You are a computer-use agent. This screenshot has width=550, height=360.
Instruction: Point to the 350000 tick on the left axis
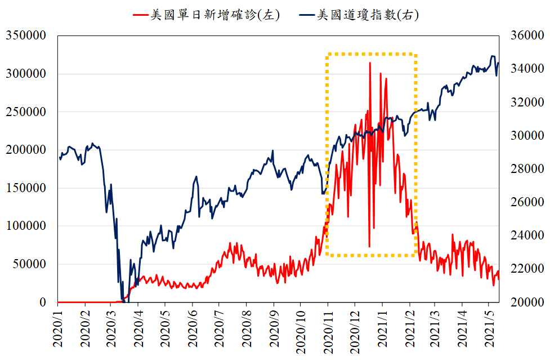pos(25,35)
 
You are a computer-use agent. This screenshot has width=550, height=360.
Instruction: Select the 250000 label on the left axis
pos(25,112)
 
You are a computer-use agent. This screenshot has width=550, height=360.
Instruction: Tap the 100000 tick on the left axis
pos(25,226)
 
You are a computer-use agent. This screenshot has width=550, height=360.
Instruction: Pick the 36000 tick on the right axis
pos(526,35)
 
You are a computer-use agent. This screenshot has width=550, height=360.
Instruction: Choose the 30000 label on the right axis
pos(526,136)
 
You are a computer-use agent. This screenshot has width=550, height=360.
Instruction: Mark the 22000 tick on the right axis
pos(526,269)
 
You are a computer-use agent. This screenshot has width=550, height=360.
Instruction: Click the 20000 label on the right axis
pos(526,303)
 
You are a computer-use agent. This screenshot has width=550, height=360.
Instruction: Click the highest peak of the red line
pos(370,63)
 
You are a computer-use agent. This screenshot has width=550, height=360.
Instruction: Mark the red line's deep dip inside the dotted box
pos(369,246)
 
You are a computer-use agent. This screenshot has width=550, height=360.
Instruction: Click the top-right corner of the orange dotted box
pos(415,55)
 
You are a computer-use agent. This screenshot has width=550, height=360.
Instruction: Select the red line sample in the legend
pos(140,15)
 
